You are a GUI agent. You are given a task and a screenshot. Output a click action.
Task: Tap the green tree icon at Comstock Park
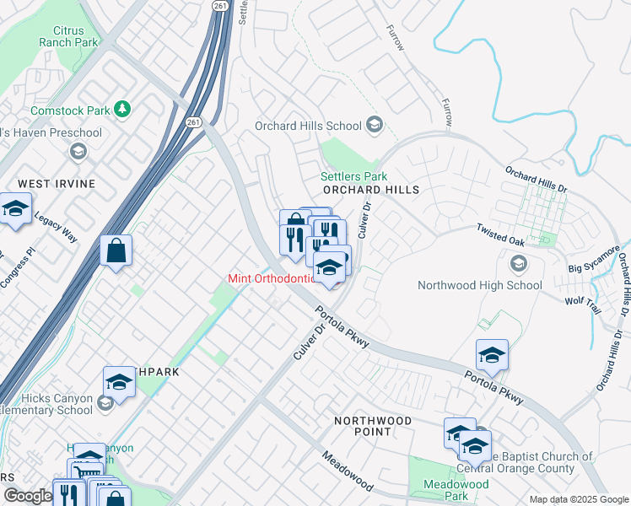[124, 110]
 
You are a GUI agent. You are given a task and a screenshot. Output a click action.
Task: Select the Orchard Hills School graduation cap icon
[374, 126]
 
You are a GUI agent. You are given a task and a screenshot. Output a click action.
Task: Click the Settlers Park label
[353, 177]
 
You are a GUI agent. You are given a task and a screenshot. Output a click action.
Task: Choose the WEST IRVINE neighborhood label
[57, 184]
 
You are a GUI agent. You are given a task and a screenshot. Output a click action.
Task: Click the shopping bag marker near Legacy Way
[116, 251]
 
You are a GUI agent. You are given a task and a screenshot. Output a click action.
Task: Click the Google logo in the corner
[28, 497]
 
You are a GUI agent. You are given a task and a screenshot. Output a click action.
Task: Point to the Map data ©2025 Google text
[578, 499]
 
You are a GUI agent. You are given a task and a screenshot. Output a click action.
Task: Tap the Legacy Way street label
[56, 227]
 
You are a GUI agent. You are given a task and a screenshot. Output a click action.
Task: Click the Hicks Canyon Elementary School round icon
[105, 403]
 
